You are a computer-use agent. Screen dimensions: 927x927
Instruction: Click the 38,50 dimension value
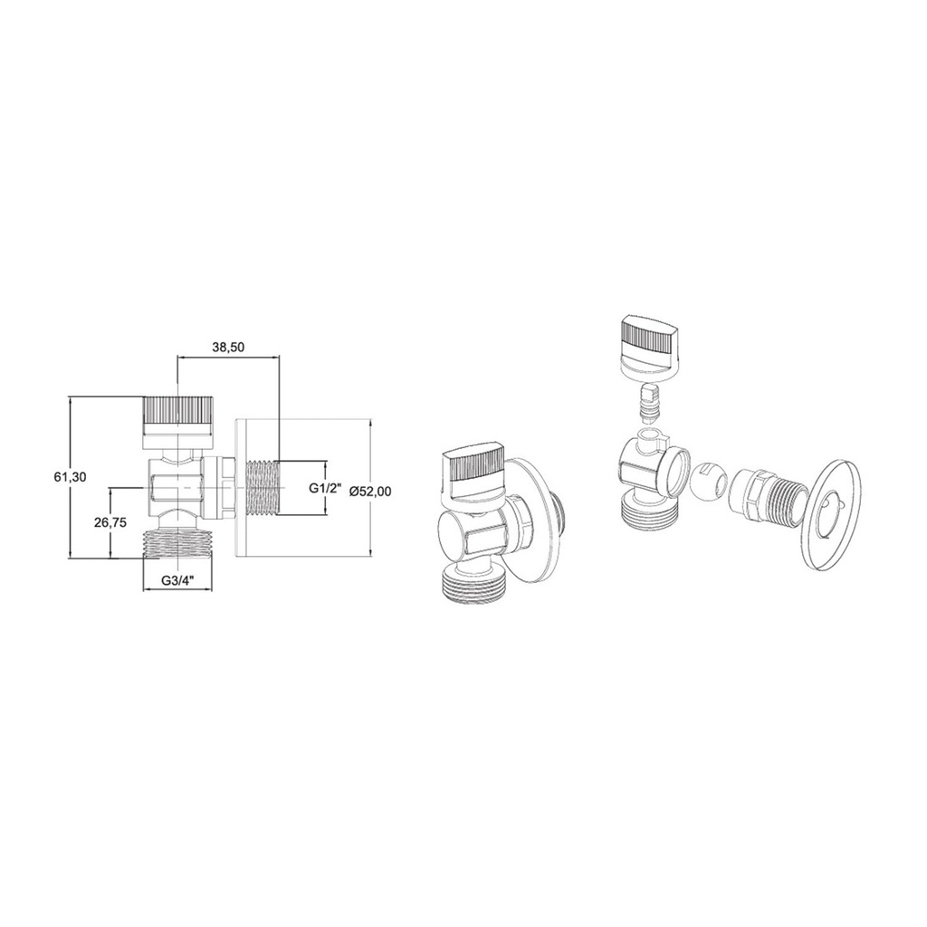(x=228, y=348)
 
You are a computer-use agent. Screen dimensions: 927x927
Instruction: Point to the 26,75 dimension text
(x=110, y=522)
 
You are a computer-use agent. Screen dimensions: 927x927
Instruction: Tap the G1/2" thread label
(x=326, y=488)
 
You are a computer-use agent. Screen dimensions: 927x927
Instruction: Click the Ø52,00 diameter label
(x=369, y=491)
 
